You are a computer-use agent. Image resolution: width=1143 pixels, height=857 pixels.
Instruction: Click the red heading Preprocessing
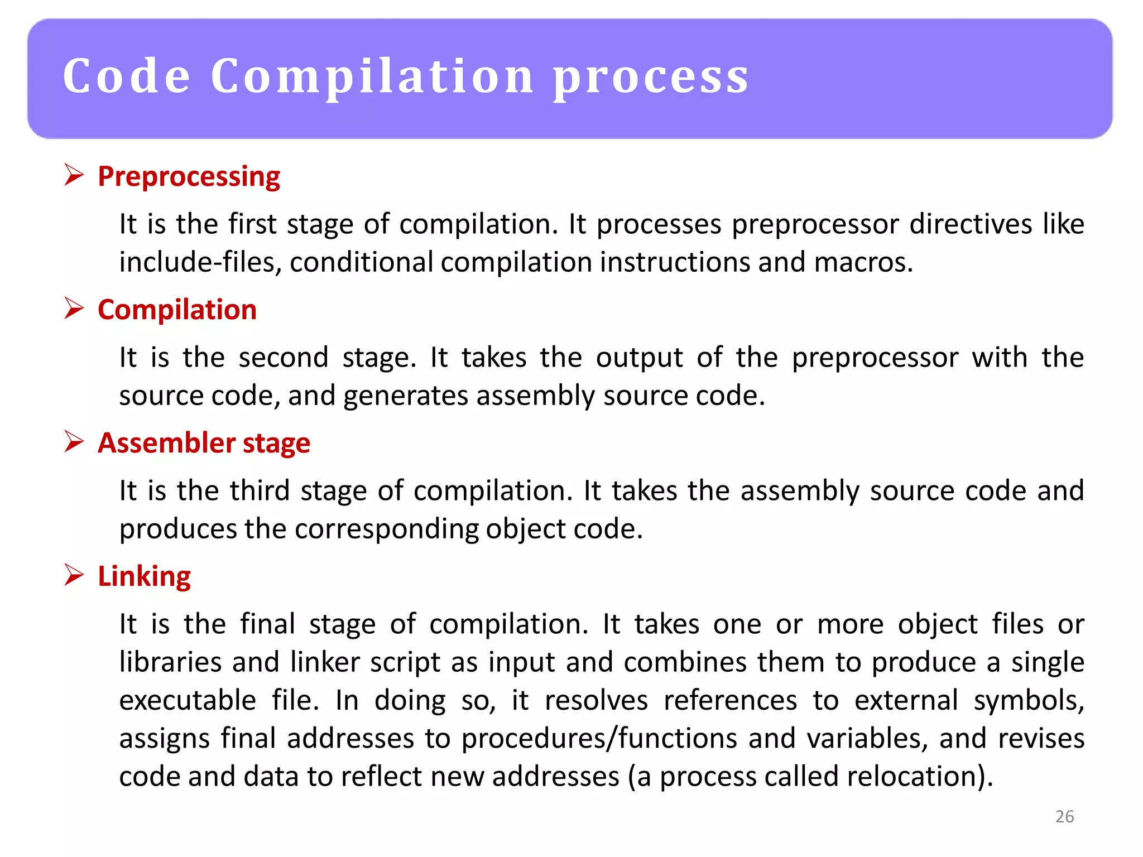coord(189,177)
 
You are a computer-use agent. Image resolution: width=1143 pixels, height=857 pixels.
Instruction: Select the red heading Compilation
coord(177,310)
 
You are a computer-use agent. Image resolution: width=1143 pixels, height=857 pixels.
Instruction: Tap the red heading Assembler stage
coord(204,443)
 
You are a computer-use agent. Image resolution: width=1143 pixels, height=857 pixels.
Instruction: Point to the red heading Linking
coord(144,576)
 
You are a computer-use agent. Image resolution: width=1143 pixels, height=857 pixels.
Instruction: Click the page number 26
coord(1064,816)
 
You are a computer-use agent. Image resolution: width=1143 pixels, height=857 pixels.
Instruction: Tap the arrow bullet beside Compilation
coord(74,308)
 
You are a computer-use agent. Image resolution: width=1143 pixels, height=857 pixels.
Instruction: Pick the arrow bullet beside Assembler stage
coord(74,441)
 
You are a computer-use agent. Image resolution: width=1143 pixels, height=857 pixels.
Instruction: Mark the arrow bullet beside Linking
coord(74,575)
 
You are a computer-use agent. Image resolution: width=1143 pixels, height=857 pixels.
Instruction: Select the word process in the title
coord(651,77)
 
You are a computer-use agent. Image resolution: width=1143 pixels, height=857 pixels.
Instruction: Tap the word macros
coord(863,262)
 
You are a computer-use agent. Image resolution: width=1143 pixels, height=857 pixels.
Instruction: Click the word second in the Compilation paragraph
coord(284,358)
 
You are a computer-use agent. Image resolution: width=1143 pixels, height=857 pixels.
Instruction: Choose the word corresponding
coord(386,529)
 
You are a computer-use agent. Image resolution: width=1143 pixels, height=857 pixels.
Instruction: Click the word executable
coord(188,700)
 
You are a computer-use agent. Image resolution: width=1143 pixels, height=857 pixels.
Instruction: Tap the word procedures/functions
coord(599,739)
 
